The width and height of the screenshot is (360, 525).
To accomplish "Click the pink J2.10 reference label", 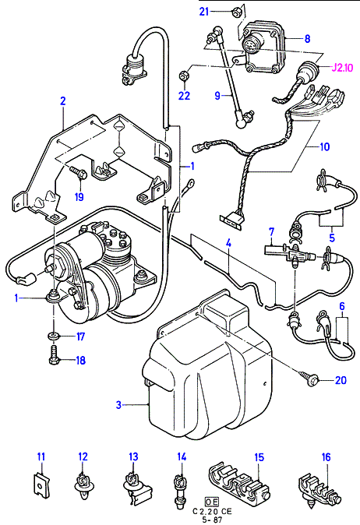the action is [342, 68].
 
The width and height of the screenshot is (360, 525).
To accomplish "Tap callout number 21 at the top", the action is [204, 12].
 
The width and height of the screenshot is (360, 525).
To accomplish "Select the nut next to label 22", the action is [184, 75].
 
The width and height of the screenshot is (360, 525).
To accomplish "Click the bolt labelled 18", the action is [54, 356].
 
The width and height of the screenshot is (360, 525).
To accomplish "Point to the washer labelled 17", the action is [53, 335].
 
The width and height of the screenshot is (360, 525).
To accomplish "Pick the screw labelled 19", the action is [79, 172].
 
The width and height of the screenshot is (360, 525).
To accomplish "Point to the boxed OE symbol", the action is [212, 502].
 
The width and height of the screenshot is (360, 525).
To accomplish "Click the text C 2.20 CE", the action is [212, 511].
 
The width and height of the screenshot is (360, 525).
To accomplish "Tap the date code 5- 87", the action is [212, 520].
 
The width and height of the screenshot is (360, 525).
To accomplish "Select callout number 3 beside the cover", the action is [118, 404].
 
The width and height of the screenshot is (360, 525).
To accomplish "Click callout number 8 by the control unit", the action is [307, 39].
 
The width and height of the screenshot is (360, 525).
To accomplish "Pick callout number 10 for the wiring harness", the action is [325, 146].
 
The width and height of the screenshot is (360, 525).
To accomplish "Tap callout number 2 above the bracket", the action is [62, 100].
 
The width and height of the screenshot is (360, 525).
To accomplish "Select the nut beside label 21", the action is [235, 12].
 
